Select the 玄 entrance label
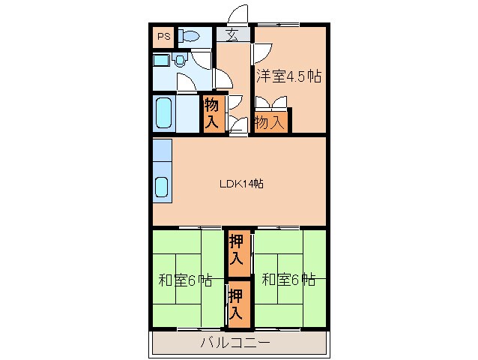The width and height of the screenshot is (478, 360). [232, 34]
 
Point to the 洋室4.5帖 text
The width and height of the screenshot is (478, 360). [288, 76]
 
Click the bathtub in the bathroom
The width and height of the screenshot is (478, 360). [164, 112]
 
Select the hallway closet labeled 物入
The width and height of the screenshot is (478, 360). [211, 113]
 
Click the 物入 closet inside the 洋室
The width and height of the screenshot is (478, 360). [269, 121]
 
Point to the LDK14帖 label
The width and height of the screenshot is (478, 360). [240, 182]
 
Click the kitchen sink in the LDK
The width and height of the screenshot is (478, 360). [161, 187]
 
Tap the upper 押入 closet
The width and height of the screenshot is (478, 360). [238, 251]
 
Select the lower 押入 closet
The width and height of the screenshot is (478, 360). [238, 304]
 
